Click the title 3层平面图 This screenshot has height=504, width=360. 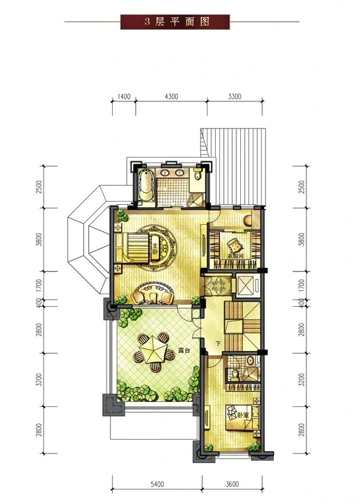(177, 21)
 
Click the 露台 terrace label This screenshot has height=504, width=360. (184, 351)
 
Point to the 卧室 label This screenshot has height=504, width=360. (243, 415)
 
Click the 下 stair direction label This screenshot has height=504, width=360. (218, 343)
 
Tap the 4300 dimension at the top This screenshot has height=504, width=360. (171, 96)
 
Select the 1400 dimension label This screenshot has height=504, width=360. (124, 96)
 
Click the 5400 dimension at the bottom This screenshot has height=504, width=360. (157, 484)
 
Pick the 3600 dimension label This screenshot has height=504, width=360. (231, 484)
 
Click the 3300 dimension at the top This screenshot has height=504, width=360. (235, 96)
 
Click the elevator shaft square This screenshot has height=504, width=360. (245, 285)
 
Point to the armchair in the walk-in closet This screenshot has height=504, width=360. (234, 246)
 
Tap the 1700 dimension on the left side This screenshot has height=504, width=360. (39, 285)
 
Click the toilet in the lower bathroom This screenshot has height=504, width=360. (236, 373)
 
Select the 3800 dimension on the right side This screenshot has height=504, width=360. (301, 239)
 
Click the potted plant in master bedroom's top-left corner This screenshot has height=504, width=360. (122, 215)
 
